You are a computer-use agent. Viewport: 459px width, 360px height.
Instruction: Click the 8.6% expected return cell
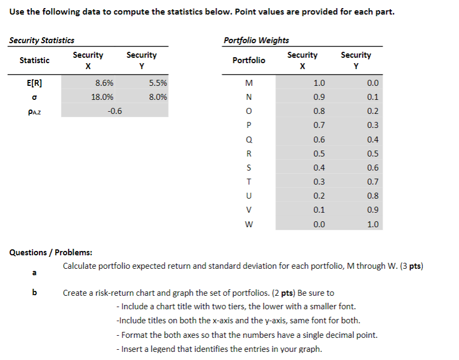coord(104,83)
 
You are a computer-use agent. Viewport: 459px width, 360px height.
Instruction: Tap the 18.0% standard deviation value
coord(103,97)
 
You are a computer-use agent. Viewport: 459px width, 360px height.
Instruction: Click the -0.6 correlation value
coord(114,111)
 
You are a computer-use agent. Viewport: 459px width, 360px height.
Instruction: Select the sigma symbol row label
coord(34,98)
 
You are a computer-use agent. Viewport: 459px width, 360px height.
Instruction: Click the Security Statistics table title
coord(42,40)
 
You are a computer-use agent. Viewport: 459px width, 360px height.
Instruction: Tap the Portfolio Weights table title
coord(256,40)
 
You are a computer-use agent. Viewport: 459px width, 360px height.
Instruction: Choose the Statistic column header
coord(34,60)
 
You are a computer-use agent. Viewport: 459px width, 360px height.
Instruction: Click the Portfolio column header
coord(248,60)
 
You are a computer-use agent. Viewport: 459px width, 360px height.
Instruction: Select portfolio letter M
coord(248,83)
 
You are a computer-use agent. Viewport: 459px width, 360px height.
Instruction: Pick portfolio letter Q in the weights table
coord(248,140)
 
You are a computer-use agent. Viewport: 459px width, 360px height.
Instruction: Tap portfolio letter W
coord(248,225)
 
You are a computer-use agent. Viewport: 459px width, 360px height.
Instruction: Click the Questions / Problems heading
coord(51,252)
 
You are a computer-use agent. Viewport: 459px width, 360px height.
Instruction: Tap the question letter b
coord(35,293)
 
